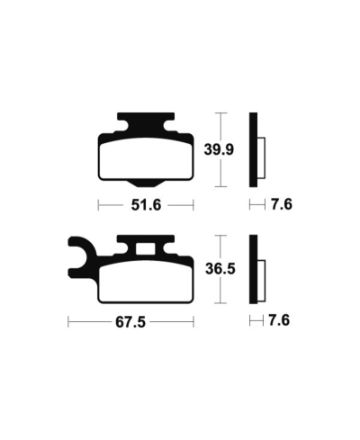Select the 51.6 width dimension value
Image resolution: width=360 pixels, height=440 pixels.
coord(145,205)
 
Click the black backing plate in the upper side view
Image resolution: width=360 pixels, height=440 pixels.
coord(254,148)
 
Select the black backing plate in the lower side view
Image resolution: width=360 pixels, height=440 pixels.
coord(254,271)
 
